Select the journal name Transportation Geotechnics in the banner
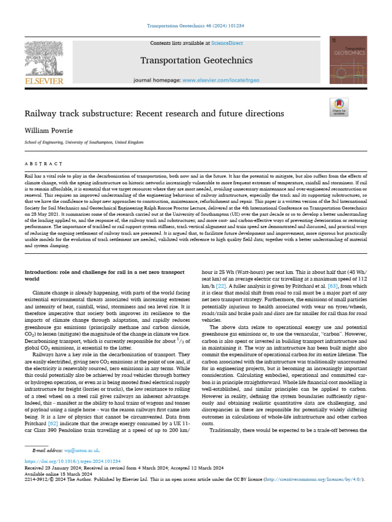pyautogui.click(x=197, y=61)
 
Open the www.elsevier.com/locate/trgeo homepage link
pyautogui.click(x=221, y=81)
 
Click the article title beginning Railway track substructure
pyautogui.click(x=154, y=113)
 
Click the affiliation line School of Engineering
pyautogui.click(x=84, y=143)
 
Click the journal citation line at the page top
pyautogui.click(x=196, y=25)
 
